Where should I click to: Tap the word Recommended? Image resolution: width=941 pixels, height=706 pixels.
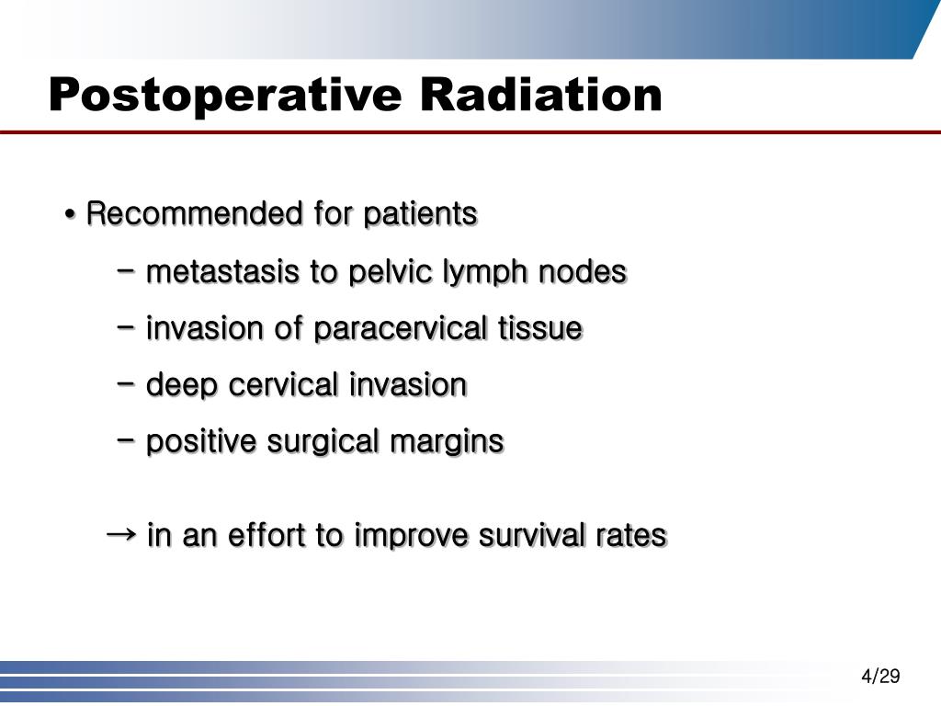coord(195,214)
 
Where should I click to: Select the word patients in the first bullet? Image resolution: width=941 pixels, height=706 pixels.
coord(420,214)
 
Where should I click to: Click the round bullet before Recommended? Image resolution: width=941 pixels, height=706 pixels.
coord(71,216)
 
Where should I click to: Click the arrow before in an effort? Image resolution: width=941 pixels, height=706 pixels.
coord(121,534)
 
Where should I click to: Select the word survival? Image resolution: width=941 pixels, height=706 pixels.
coord(527,536)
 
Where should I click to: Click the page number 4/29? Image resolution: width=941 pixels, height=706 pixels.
coord(880,677)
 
